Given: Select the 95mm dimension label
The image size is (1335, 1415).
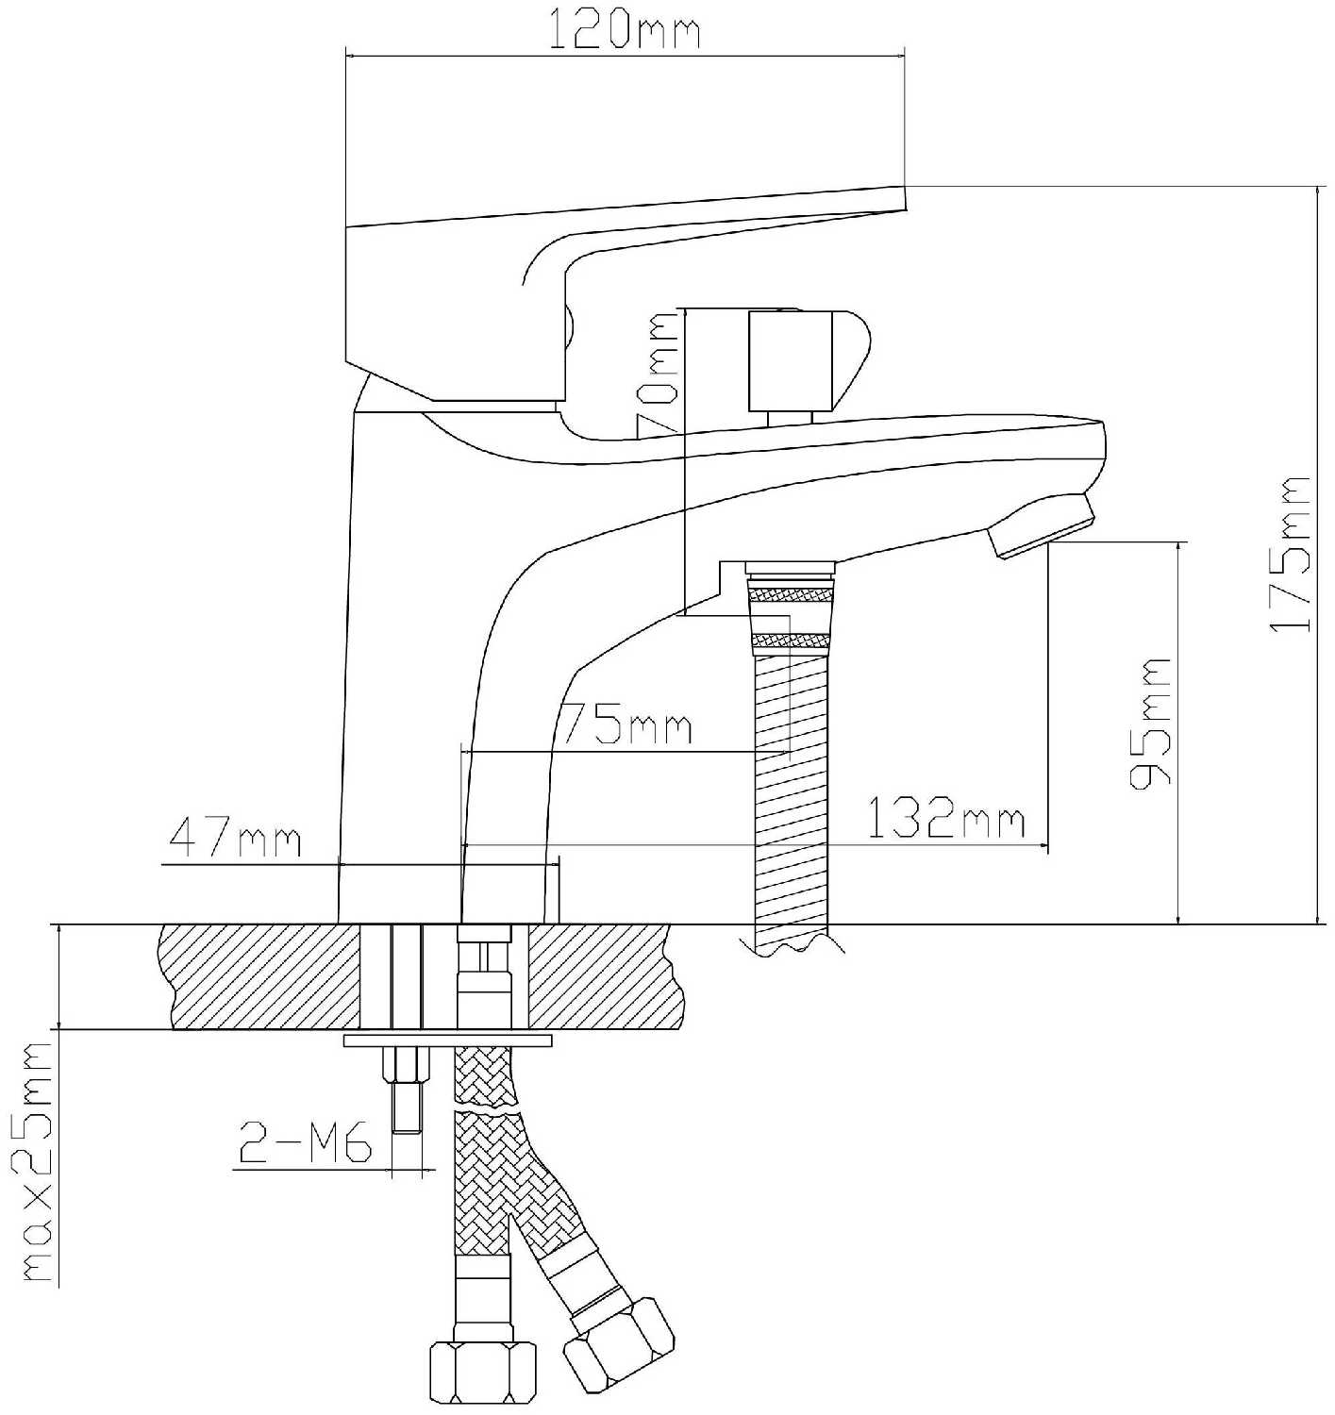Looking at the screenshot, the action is (x=1150, y=721).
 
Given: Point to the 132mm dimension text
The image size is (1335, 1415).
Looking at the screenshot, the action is (x=946, y=817).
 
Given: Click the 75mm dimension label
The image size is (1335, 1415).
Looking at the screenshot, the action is (x=626, y=724).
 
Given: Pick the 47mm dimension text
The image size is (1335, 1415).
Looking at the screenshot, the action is (x=235, y=839).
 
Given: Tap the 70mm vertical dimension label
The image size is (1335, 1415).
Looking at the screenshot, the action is (x=655, y=373).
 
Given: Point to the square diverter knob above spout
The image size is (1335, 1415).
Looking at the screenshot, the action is (x=809, y=359).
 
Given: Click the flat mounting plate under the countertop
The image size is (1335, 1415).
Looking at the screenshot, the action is (x=447, y=1041).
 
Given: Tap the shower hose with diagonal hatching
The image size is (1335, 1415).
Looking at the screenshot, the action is (x=791, y=798).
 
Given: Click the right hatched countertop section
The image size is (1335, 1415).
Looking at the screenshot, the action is (x=605, y=977).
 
